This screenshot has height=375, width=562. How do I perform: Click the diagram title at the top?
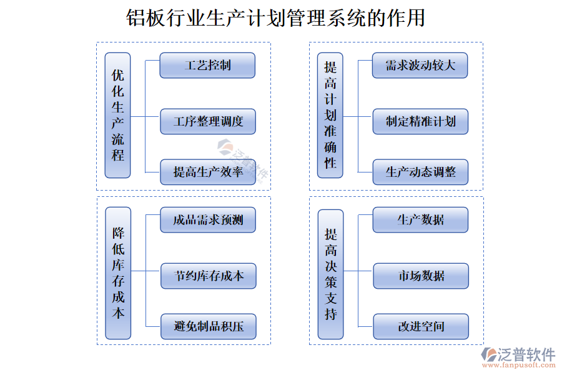tap(275, 18)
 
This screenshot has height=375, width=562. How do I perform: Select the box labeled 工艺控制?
tap(207, 65)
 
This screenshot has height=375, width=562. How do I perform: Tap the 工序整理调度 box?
tap(208, 121)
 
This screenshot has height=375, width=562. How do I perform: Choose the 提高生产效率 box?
tap(208, 172)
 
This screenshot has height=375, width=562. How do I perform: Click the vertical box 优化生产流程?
tap(117, 116)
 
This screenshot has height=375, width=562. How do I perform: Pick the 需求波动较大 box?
tap(420, 65)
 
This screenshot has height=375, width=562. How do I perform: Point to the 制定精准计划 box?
tap(420, 121)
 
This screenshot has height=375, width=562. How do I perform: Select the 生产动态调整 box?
tap(420, 172)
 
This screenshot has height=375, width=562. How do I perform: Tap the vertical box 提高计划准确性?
tap(330, 116)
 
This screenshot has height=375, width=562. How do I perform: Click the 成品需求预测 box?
tap(208, 219)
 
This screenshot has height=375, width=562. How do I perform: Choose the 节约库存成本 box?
tap(208, 276)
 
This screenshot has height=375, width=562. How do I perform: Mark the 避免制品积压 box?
tap(208, 326)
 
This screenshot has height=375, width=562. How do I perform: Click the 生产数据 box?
tap(420, 219)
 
